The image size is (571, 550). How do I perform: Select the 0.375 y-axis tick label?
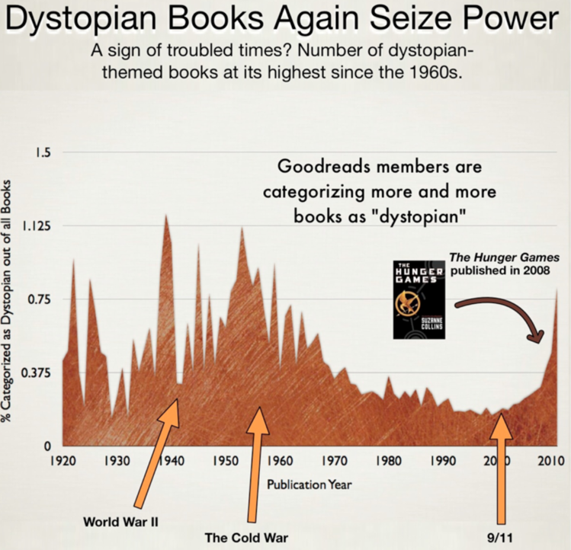(37, 373)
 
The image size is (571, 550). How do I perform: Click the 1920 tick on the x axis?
(63, 461)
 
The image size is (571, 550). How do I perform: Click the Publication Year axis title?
(309, 484)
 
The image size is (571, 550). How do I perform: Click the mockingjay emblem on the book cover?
(418, 301)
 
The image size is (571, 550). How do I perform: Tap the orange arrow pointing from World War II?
(156, 449)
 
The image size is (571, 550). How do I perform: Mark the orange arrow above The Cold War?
(258, 465)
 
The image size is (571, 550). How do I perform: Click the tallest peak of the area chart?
(165, 216)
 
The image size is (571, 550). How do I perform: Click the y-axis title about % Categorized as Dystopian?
(11, 305)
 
